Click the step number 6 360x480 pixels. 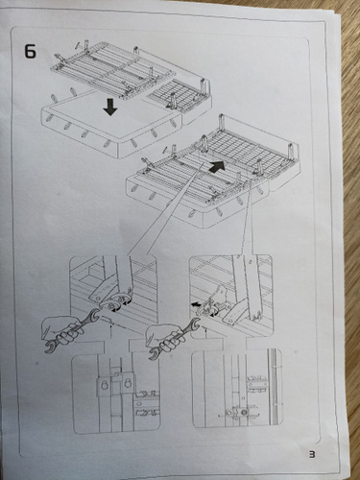(30, 51)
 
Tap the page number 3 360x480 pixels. (312, 454)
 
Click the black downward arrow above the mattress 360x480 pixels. (110, 108)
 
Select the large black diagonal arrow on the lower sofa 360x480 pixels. (217, 167)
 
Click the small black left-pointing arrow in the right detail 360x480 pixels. (196, 304)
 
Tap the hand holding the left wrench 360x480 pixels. (60, 329)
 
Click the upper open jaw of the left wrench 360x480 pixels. (94, 315)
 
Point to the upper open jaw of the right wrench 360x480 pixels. (196, 324)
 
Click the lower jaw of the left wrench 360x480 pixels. (50, 348)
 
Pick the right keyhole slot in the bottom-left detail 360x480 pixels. (128, 383)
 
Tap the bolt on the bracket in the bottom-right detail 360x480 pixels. (244, 412)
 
